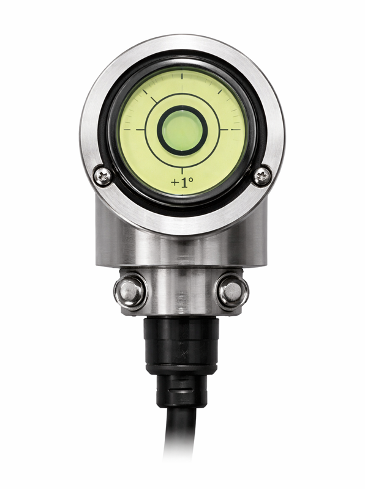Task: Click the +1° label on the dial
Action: (x=182, y=182)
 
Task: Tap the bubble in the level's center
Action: (x=182, y=130)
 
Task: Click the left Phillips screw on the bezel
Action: (x=103, y=176)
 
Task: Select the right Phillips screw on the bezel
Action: (x=262, y=176)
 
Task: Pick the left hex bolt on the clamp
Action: (x=130, y=292)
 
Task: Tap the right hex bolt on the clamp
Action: (x=233, y=292)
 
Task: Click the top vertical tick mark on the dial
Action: (x=182, y=79)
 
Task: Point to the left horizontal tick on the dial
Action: (x=135, y=130)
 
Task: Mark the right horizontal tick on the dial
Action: (x=231, y=130)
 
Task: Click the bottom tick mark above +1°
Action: (x=182, y=171)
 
